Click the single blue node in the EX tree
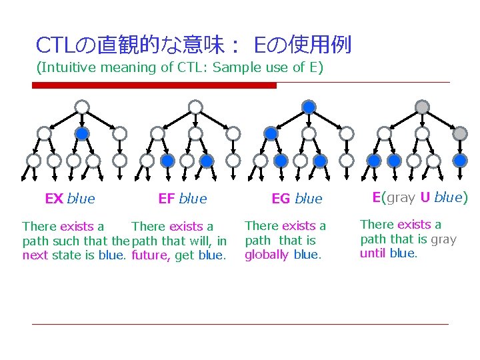(x=81, y=133)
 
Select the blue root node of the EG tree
(x=309, y=107)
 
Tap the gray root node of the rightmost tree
(x=422, y=107)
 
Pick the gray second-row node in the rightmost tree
(x=460, y=133)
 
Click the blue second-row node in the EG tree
(x=271, y=133)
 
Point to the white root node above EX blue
(x=81, y=107)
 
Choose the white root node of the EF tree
(x=195, y=107)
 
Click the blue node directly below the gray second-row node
(x=460, y=161)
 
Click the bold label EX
(x=54, y=199)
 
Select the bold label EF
(x=167, y=199)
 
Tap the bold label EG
(x=281, y=199)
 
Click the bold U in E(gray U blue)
(x=425, y=197)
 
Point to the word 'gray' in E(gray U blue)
(x=401, y=197)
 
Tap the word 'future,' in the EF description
(x=151, y=255)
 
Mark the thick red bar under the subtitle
(x=154, y=85)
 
